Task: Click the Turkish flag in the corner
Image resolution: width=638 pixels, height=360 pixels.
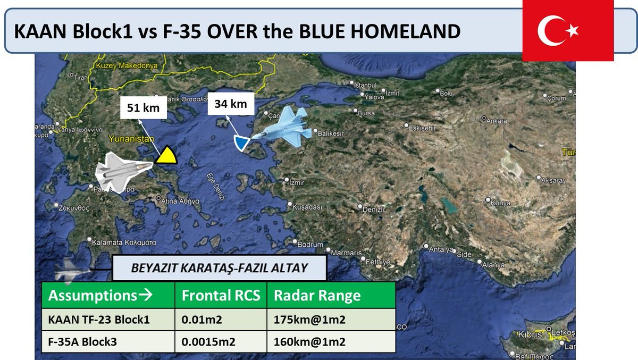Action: pyautogui.click(x=568, y=31)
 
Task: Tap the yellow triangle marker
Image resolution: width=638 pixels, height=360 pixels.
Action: pyautogui.click(x=166, y=155)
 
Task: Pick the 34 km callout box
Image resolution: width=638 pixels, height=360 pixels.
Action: pyautogui.click(x=231, y=104)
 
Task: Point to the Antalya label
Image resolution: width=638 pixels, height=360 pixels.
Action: pyautogui.click(x=442, y=250)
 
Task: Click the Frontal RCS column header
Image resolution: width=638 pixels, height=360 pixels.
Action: pyautogui.click(x=221, y=296)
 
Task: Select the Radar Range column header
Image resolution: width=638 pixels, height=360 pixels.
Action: pyautogui.click(x=317, y=296)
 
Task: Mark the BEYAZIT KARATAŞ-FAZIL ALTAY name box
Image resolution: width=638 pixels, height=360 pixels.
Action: pyautogui.click(x=219, y=268)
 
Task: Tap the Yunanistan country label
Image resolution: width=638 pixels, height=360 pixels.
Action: pyautogui.click(x=127, y=139)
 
